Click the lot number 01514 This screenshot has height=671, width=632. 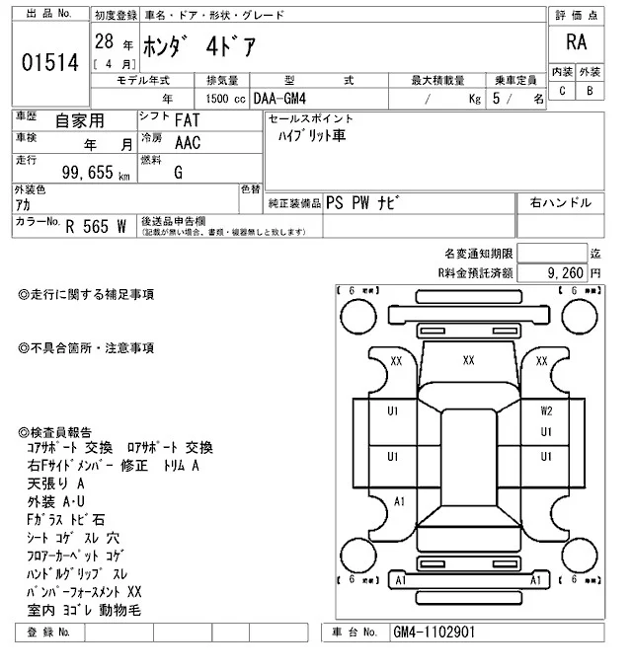[49, 62]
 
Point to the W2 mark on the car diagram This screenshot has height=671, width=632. [545, 410]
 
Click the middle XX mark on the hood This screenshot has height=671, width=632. [469, 361]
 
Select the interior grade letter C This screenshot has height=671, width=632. [562, 91]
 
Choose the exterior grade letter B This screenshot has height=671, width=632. [589, 91]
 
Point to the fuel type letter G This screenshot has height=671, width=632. [178, 172]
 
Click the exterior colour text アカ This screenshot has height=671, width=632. [23, 204]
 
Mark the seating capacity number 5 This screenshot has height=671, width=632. [509, 99]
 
